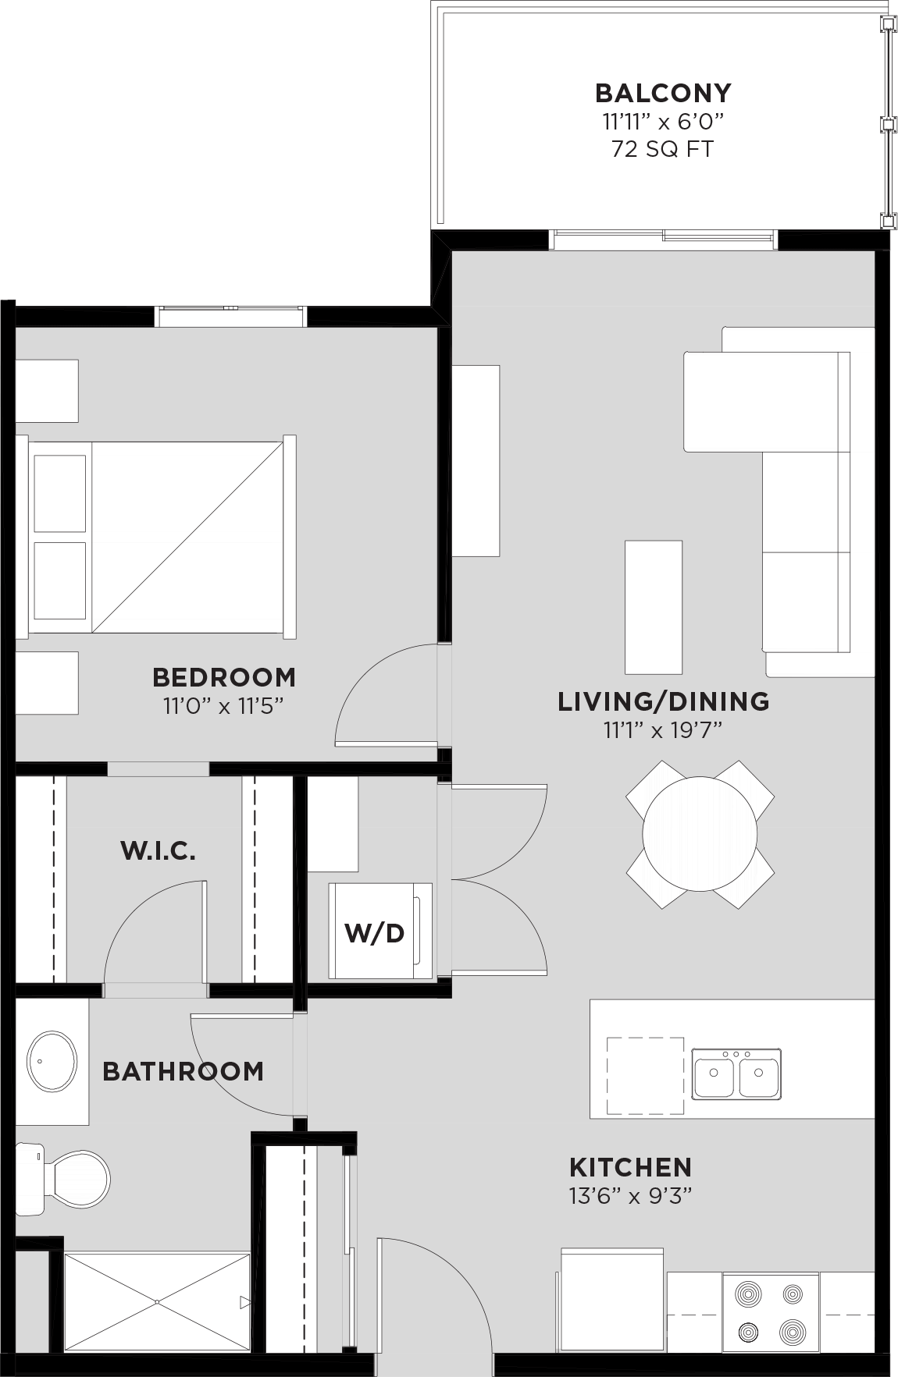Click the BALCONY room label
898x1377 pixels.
pyautogui.click(x=663, y=93)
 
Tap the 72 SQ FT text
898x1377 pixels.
pyautogui.click(x=662, y=149)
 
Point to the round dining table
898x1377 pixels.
pyautogui.click(x=700, y=833)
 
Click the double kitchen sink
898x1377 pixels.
pyautogui.click(x=736, y=1074)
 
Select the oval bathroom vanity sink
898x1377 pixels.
pyautogui.click(x=52, y=1062)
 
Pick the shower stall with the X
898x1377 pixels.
pyautogui.click(x=156, y=1301)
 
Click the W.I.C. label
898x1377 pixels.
pyautogui.click(x=158, y=850)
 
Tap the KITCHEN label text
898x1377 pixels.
pyautogui.click(x=630, y=1167)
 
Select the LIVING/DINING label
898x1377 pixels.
pyautogui.click(x=663, y=701)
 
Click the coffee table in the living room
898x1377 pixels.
pyautogui.click(x=653, y=606)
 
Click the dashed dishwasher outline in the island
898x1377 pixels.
pyautogui.click(x=645, y=1075)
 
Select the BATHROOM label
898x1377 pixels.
pyautogui.click(x=183, y=1071)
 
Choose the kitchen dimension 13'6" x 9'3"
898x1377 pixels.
pyautogui.click(x=631, y=1195)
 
